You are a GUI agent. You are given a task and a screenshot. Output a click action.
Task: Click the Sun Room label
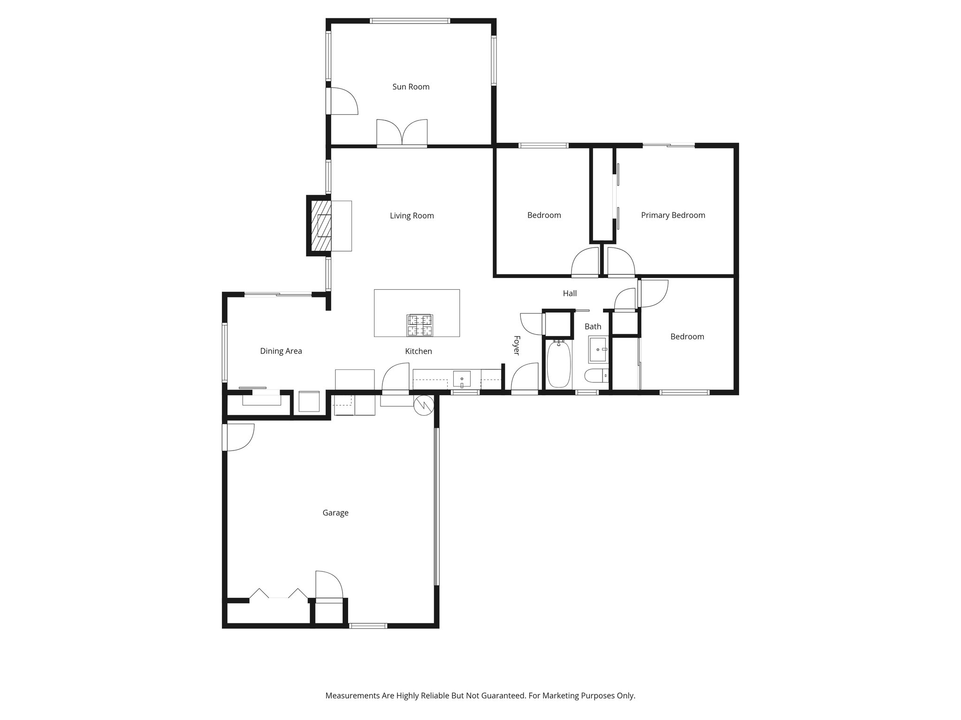411,87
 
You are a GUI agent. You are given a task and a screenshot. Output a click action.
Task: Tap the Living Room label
412,216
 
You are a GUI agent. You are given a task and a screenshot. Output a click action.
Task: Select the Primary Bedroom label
673,215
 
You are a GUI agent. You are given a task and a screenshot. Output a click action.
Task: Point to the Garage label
335,513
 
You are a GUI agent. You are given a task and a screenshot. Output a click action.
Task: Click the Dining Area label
281,351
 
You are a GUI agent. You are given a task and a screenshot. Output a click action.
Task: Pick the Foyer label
516,345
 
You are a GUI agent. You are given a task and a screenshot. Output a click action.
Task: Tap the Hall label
570,293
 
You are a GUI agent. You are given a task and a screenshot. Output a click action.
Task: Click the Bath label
593,327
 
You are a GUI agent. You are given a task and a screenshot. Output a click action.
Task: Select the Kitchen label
418,351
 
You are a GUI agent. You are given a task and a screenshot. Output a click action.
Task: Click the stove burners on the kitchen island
419,325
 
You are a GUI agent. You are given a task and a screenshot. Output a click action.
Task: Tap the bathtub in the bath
558,364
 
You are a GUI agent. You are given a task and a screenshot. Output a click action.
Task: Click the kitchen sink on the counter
462,378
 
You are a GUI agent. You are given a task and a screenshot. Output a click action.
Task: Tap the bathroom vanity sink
598,350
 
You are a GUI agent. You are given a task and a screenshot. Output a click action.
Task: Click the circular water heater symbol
423,405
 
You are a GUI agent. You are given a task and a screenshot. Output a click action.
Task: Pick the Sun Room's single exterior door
343,101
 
